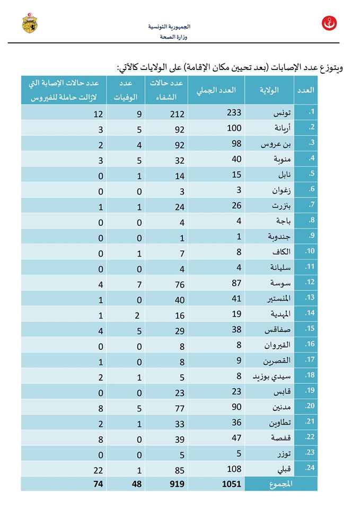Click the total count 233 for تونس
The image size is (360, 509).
tap(234, 112)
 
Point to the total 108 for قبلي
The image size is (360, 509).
tap(234, 469)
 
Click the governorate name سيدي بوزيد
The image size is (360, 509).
tap(268, 376)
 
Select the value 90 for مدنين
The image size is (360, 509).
tap(236, 407)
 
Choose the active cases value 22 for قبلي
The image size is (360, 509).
tap(97, 469)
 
